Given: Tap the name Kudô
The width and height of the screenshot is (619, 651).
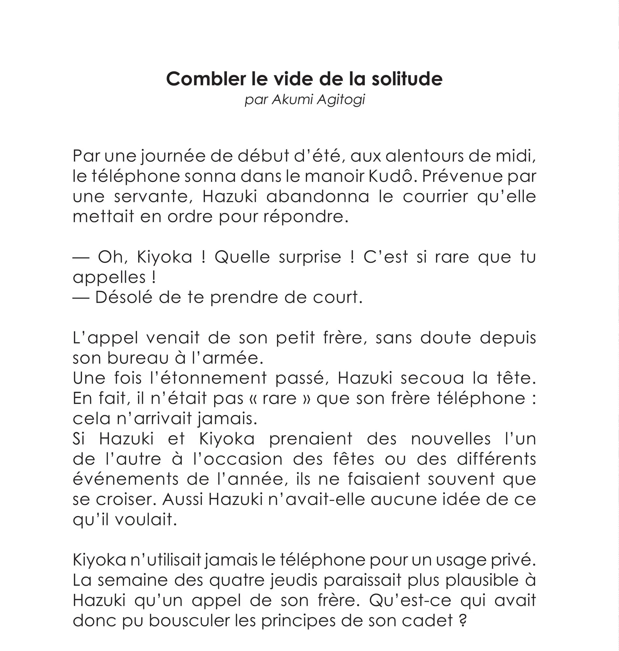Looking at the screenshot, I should (x=390, y=176).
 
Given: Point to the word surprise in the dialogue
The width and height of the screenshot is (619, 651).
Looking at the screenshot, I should (x=310, y=257).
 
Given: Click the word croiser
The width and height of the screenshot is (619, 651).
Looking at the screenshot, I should (x=126, y=500).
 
